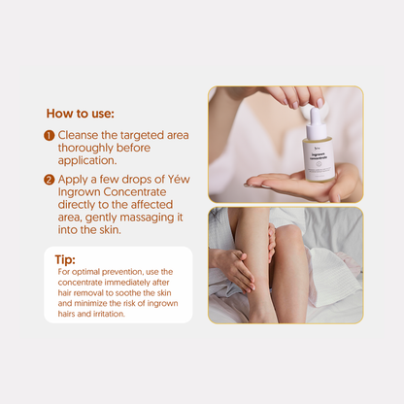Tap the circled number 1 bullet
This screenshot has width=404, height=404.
point(49,136)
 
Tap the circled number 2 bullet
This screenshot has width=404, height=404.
point(49,180)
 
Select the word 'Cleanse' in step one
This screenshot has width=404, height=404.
point(80,136)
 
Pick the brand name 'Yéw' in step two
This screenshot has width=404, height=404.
point(173,180)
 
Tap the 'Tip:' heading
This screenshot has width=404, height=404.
point(65,259)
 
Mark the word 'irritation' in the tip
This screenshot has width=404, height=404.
point(108,315)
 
